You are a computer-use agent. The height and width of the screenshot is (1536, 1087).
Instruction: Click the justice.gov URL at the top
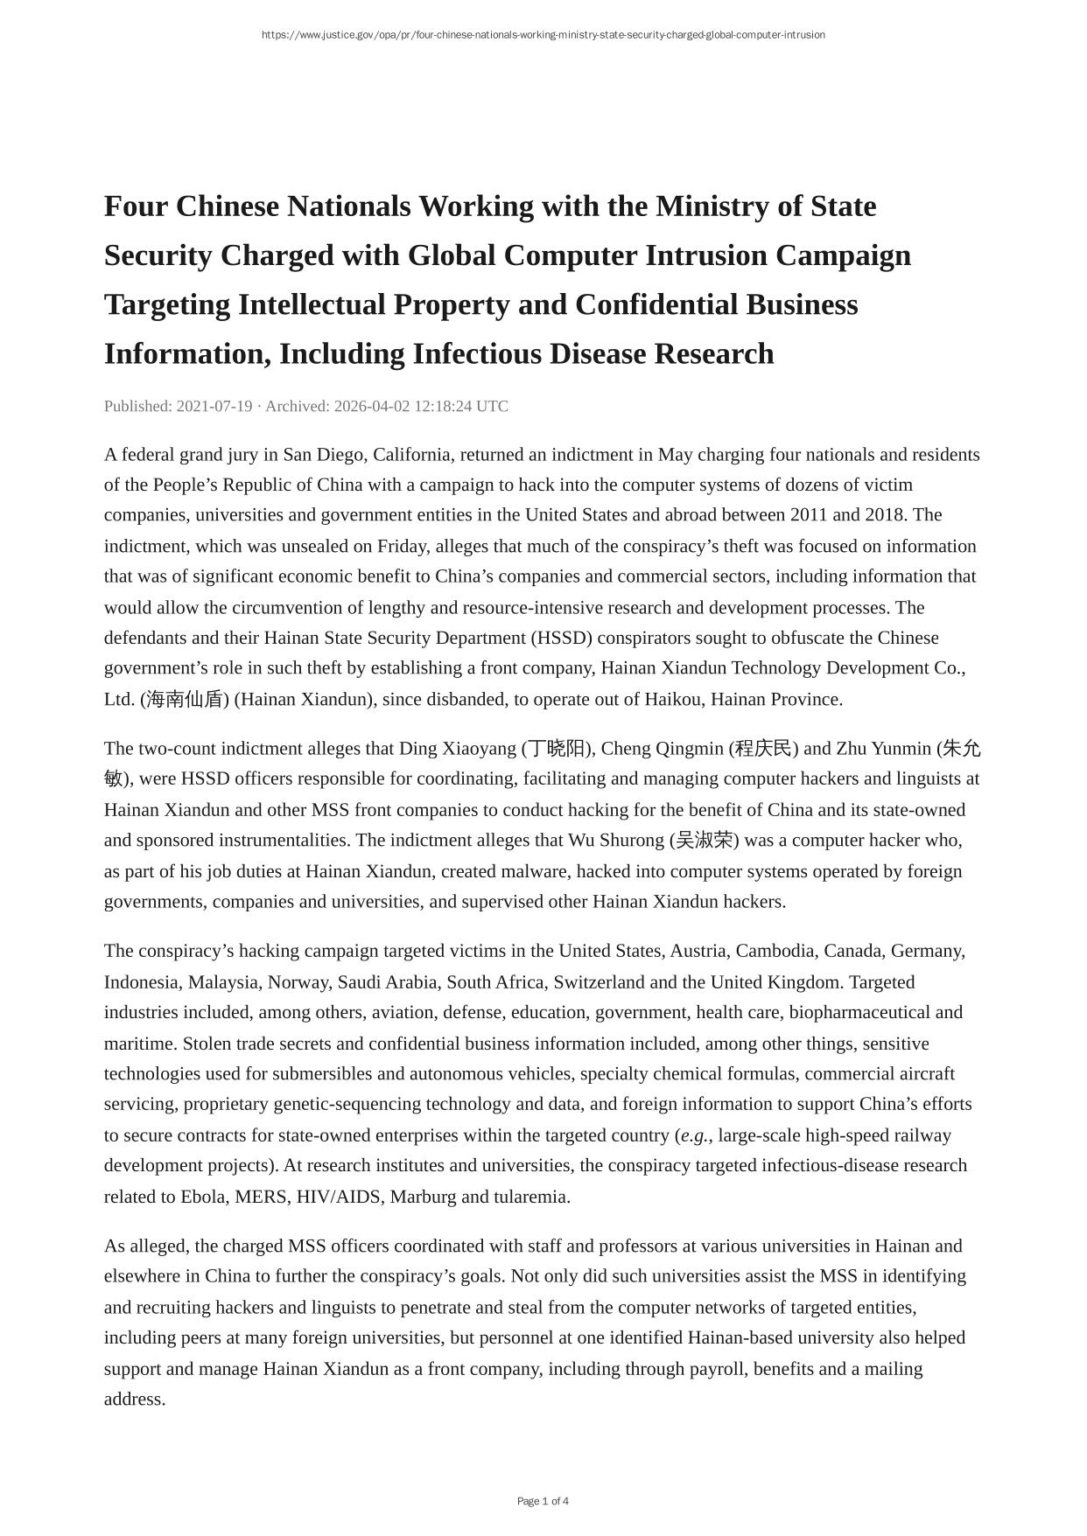pyautogui.click(x=543, y=35)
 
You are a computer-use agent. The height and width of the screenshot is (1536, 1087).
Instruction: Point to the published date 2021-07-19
pyautogui.click(x=214, y=406)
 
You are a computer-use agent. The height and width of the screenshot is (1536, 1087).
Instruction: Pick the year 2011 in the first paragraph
pyautogui.click(x=809, y=514)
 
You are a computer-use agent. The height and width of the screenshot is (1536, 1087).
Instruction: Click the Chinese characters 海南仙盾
pyautogui.click(x=185, y=699)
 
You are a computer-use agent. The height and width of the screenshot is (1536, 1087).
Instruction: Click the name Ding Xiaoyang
pyautogui.click(x=458, y=749)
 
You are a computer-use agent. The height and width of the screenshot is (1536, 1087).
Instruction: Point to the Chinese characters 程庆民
pyautogui.click(x=763, y=749)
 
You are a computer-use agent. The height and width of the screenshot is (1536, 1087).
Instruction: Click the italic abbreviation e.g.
pyautogui.click(x=695, y=1135)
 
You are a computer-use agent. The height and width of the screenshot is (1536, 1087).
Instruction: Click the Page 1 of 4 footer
pyautogui.click(x=543, y=1501)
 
